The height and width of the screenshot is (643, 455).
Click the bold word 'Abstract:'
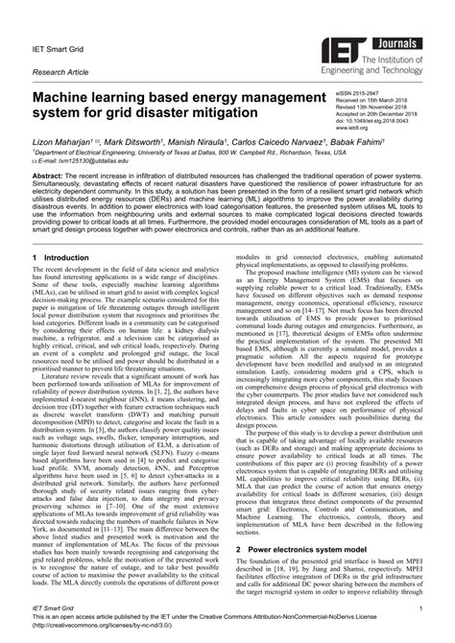(x=52, y=178)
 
